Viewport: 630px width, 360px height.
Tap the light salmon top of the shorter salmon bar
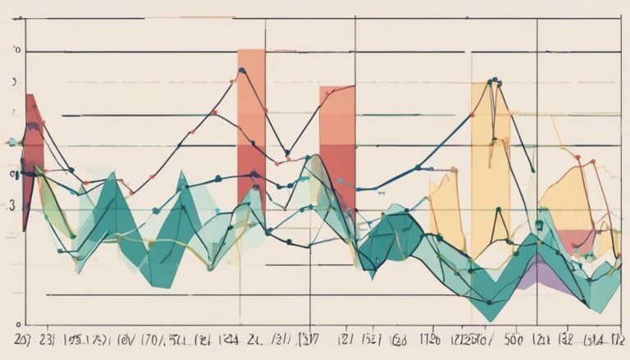tap(337, 115)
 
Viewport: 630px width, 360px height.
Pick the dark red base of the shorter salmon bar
tap(337, 176)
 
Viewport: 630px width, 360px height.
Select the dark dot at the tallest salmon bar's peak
tap(242, 71)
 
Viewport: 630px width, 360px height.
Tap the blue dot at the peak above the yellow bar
tap(491, 81)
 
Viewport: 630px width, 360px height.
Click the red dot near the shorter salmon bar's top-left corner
tap(326, 93)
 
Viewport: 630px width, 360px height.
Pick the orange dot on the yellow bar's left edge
tap(474, 116)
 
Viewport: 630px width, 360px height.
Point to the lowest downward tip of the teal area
tap(489, 320)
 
